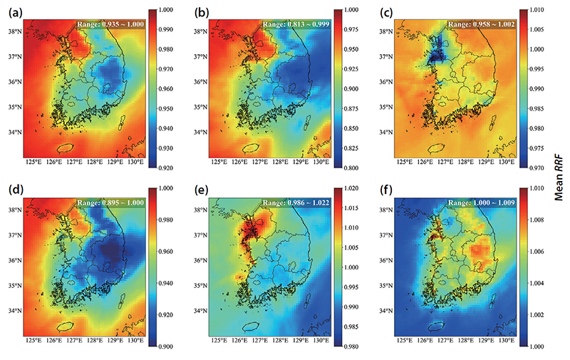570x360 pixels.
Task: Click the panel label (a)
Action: pyautogui.click(x=16, y=13)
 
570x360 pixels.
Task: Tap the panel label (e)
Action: pyautogui.click(x=201, y=190)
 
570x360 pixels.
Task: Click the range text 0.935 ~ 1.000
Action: pyautogui.click(x=123, y=24)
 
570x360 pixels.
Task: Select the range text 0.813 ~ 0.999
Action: pyautogui.click(x=309, y=24)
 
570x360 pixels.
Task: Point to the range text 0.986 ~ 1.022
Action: pyautogui.click(x=309, y=202)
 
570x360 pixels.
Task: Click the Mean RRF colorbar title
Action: pyautogui.click(x=559, y=178)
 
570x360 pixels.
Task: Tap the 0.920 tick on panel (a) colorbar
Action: pyautogui.click(x=166, y=168)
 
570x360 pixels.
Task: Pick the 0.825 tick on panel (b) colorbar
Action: pyautogui.click(x=351, y=148)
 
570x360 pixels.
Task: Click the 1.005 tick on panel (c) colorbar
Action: pyautogui.click(x=537, y=29)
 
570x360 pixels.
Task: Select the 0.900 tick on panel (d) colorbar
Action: pyautogui.click(x=166, y=346)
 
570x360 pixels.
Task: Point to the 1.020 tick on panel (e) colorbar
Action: pyautogui.click(x=351, y=188)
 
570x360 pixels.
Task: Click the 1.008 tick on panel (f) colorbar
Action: pyautogui.click(x=537, y=220)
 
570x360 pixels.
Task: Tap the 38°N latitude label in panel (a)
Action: pyautogui.click(x=15, y=31)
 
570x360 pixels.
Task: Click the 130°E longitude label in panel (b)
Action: pyautogui.click(x=321, y=162)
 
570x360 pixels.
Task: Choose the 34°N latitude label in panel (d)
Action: pyautogui.click(x=15, y=311)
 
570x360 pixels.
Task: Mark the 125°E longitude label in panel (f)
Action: pyautogui.click(x=405, y=340)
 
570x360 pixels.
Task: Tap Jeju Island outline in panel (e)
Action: pyautogui.click(x=251, y=326)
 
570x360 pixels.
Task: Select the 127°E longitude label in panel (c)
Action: pyautogui.click(x=445, y=162)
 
